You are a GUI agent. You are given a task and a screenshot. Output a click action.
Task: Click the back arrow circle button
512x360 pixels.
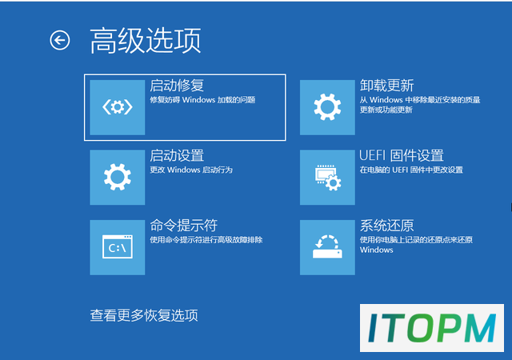pyautogui.click(x=60, y=41)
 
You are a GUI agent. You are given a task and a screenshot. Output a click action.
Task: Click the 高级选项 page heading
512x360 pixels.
pyautogui.click(x=146, y=41)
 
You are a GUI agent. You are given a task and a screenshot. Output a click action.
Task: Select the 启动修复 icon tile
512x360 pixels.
pyautogui.click(x=118, y=107)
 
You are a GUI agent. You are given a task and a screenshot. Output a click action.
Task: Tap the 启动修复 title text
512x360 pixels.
pyautogui.click(x=177, y=86)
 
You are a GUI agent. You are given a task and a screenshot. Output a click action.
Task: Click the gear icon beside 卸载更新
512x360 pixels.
pyautogui.click(x=327, y=107)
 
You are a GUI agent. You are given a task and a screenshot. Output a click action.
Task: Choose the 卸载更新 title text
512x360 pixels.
pyautogui.click(x=386, y=86)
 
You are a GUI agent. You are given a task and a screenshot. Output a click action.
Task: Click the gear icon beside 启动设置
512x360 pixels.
pyautogui.click(x=118, y=177)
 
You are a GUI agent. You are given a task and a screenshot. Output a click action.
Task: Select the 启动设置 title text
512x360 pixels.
pyautogui.click(x=177, y=155)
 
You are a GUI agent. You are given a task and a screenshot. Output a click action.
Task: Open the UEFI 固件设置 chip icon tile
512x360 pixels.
pyautogui.click(x=327, y=177)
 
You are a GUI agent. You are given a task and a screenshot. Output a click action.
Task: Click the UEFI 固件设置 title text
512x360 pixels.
pyautogui.click(x=402, y=155)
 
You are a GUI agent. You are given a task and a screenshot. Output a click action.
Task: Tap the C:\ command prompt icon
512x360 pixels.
pyautogui.click(x=118, y=247)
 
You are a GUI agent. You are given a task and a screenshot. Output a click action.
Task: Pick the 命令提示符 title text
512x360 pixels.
pyautogui.click(x=183, y=226)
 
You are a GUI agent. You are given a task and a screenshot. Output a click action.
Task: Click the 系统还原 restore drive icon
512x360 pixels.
pyautogui.click(x=327, y=247)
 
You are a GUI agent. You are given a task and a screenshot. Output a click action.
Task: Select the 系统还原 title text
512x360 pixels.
pyautogui.click(x=386, y=226)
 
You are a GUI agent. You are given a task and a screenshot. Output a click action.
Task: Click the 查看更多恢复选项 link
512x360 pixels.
pyautogui.click(x=144, y=315)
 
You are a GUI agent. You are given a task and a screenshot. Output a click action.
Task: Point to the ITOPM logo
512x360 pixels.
pyautogui.click(x=432, y=328)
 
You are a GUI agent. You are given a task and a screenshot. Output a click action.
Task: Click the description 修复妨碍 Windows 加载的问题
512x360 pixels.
pyautogui.click(x=202, y=100)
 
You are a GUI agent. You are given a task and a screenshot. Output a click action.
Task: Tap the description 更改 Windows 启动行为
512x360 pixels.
pyautogui.click(x=191, y=170)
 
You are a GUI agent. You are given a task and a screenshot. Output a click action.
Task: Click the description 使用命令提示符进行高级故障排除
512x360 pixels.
pyautogui.click(x=206, y=240)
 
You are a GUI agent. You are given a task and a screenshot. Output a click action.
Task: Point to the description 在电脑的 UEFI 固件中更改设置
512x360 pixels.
pyautogui.click(x=411, y=170)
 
